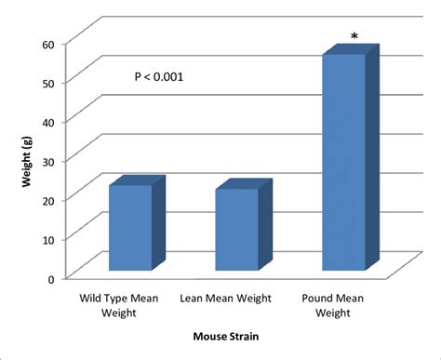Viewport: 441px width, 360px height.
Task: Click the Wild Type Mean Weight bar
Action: coord(130,228)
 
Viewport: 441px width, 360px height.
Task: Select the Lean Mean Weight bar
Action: coord(237,230)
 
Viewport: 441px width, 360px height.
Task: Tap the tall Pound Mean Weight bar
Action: coord(343,163)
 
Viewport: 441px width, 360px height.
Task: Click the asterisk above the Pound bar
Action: coord(354,38)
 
